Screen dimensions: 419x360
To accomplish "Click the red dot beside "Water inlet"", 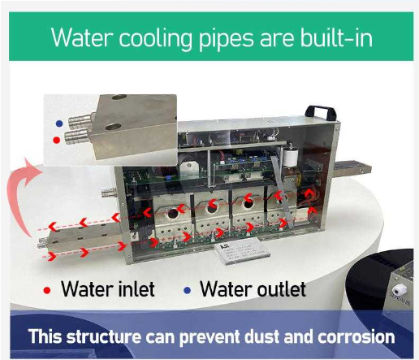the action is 47,290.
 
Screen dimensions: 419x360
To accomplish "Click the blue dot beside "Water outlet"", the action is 187,290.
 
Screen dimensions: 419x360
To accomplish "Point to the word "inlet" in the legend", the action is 136,289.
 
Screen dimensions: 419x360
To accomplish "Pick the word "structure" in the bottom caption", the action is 104,336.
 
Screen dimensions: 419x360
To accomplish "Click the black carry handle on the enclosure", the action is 321,112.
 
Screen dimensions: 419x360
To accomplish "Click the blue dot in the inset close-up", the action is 59,124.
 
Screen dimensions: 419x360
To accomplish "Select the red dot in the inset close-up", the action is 57,140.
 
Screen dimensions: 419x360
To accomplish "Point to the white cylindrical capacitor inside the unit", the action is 290,157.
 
